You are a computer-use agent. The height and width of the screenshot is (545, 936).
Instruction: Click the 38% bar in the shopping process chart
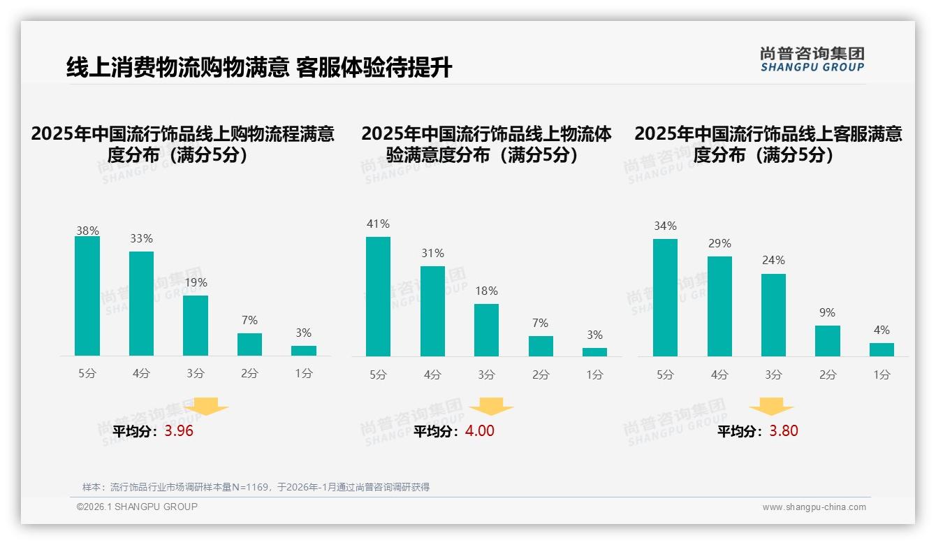coord(87,296)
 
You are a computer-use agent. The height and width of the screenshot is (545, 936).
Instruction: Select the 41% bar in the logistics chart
coord(378,296)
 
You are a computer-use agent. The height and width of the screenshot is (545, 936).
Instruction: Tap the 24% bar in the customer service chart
coord(773,314)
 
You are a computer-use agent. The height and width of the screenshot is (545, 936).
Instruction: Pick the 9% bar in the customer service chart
coord(827,340)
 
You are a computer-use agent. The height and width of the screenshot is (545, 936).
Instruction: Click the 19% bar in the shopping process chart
coord(196,325)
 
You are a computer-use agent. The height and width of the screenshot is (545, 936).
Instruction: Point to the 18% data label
coord(487,291)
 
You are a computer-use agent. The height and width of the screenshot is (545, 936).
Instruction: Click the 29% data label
coord(719,243)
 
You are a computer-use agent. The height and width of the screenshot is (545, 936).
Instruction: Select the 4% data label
coord(882,330)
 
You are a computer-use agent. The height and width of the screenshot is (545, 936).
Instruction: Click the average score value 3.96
coord(179,431)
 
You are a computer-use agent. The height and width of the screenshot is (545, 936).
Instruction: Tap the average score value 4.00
coord(479,431)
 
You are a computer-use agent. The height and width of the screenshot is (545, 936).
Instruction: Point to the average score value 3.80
coord(783,431)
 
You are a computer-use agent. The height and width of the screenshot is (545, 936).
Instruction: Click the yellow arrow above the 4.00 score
coord(491,406)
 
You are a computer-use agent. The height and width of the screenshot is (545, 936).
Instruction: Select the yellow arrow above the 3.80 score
coord(771,406)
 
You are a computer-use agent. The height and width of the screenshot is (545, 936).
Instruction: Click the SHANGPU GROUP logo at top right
coord(812,59)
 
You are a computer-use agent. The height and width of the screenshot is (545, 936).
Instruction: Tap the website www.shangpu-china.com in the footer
coord(814,507)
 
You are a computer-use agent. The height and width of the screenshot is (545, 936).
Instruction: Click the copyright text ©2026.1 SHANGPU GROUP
coord(137,507)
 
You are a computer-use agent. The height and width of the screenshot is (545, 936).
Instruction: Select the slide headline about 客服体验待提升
coord(259,67)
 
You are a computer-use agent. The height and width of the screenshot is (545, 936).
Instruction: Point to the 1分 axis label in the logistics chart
coord(594,375)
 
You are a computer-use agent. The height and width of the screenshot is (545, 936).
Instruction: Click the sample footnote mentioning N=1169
coord(256,487)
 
